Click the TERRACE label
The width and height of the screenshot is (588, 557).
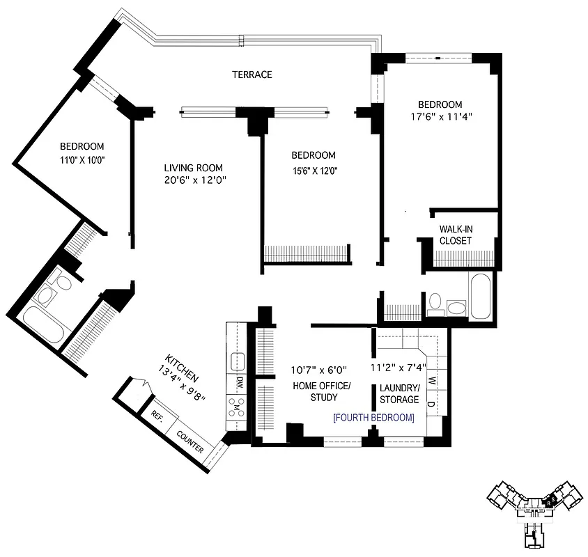point(252,74)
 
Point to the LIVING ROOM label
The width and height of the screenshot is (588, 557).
point(193,167)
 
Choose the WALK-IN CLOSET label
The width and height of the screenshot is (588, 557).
point(456,235)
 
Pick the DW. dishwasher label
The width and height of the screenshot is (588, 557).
point(238,382)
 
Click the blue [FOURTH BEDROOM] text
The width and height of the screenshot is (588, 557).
point(373,418)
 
